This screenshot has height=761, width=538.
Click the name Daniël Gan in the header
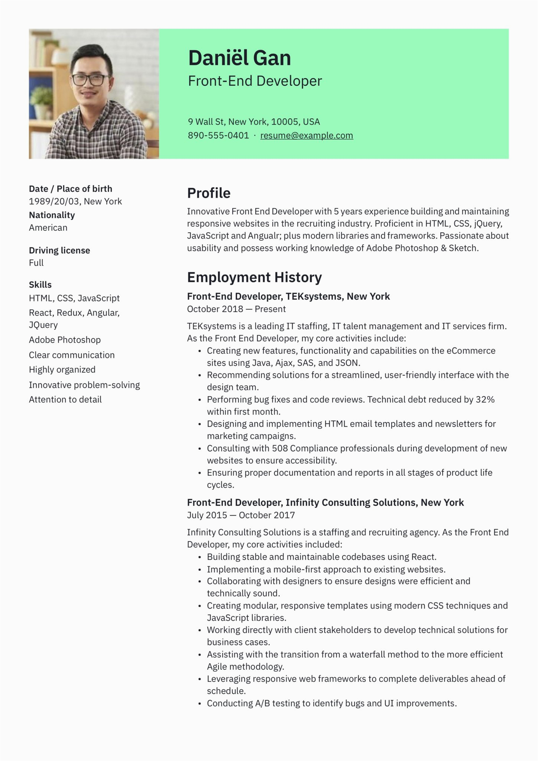(x=239, y=58)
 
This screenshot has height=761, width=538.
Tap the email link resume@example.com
(x=307, y=136)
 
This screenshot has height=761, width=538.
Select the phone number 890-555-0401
(x=218, y=136)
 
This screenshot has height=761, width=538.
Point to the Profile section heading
(x=208, y=193)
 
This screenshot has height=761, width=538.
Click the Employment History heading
(x=254, y=278)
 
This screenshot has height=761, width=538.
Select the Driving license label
(x=59, y=250)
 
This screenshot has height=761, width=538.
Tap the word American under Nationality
(x=48, y=228)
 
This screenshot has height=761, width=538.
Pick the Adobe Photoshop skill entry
(x=65, y=340)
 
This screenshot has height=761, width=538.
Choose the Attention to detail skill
(x=65, y=400)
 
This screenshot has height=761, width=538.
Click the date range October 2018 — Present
(x=236, y=309)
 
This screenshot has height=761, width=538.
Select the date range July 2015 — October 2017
(x=241, y=515)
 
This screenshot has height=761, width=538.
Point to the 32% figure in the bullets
(x=485, y=400)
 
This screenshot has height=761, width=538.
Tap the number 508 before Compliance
(x=280, y=448)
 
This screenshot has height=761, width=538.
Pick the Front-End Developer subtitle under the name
(x=255, y=81)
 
